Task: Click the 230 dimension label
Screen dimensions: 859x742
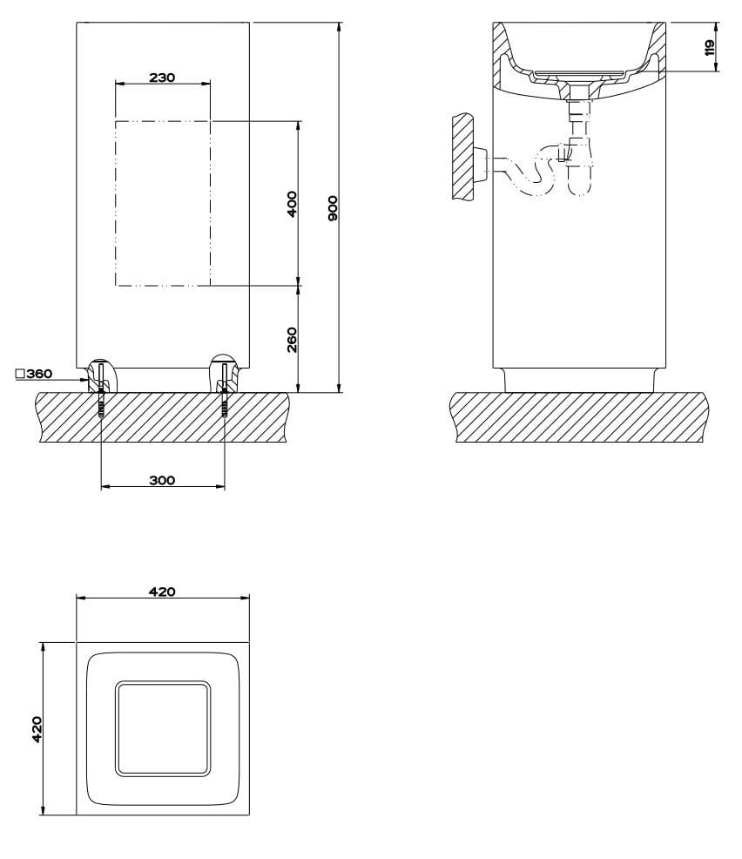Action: [162, 77]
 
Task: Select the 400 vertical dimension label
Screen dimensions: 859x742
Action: [292, 203]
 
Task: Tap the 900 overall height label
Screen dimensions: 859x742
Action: [332, 208]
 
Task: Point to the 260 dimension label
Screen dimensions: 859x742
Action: [292, 339]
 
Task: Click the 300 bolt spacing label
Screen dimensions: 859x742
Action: [162, 480]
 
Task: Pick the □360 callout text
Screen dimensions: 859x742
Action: [34, 374]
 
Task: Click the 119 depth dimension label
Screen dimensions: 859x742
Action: [709, 47]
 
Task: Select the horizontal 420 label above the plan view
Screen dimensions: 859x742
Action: [162, 591]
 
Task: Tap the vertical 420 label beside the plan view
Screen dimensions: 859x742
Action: [37, 728]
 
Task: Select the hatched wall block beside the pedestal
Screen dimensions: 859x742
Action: [460, 157]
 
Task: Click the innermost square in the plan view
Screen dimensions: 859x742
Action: [163, 728]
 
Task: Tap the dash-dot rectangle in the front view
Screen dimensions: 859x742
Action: [163, 203]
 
